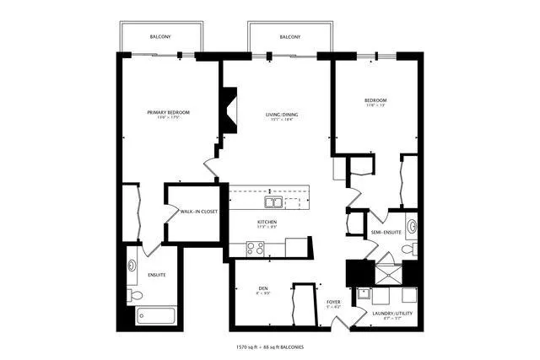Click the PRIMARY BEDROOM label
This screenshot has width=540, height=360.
click(167, 112)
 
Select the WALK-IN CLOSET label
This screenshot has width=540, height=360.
click(198, 211)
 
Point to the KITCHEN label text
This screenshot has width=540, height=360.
click(267, 223)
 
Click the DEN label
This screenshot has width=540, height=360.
click(262, 288)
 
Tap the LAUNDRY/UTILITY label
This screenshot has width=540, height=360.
click(389, 314)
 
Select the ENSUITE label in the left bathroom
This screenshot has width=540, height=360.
click(157, 275)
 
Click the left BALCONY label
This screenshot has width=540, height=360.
click(160, 37)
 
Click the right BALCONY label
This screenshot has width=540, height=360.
click(290, 37)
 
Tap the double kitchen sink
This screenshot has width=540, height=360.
click(273, 202)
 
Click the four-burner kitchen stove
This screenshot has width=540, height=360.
click(255, 248)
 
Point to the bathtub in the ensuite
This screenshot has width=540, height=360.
click(156, 317)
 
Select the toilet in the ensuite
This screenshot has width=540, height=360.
click(135, 294)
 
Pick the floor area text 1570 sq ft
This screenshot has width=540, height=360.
click(251, 347)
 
